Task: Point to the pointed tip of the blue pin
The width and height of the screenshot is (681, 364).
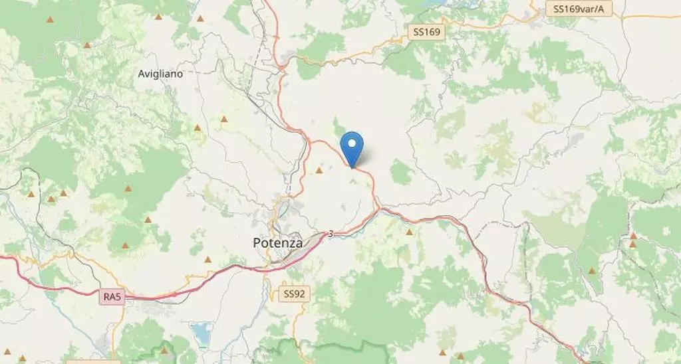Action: click(352, 167)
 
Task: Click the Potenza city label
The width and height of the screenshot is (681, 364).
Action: click(278, 243)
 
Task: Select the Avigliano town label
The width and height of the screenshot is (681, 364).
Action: click(160, 74)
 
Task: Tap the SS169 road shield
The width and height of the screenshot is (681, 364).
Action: click(425, 31)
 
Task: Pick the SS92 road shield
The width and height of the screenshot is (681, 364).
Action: click(295, 293)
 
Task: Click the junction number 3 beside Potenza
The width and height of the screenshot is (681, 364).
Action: click(331, 233)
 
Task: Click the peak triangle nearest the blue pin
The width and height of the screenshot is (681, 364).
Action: click(319, 171)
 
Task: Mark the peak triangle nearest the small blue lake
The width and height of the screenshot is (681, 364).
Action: click(164, 349)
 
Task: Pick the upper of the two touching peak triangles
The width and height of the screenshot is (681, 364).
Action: click(634, 235)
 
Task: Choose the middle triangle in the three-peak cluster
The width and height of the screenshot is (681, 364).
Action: click(51, 198)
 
